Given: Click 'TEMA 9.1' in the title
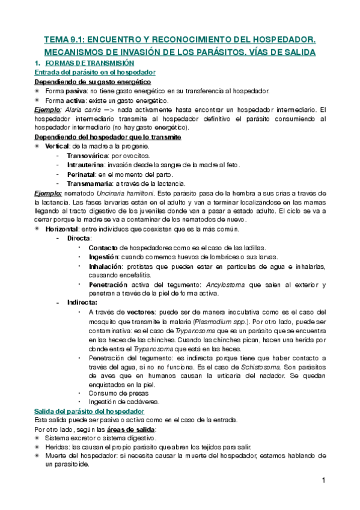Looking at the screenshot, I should point(65,40).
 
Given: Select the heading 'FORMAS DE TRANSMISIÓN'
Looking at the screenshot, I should point(90,63).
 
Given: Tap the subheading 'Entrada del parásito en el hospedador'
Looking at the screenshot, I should point(96,72).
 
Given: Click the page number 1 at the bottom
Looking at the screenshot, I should point(323,480).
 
